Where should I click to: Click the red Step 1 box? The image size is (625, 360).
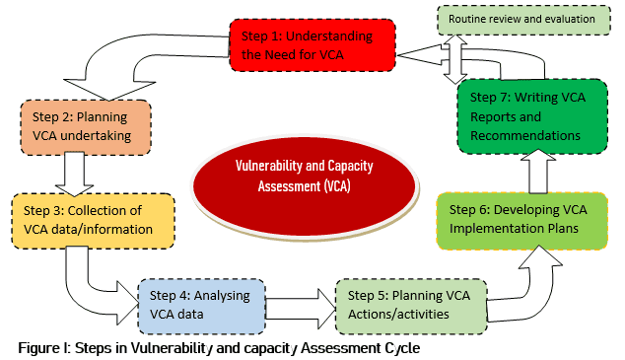[x=313, y=44]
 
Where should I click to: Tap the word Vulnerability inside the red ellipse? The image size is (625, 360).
[x=270, y=169]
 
